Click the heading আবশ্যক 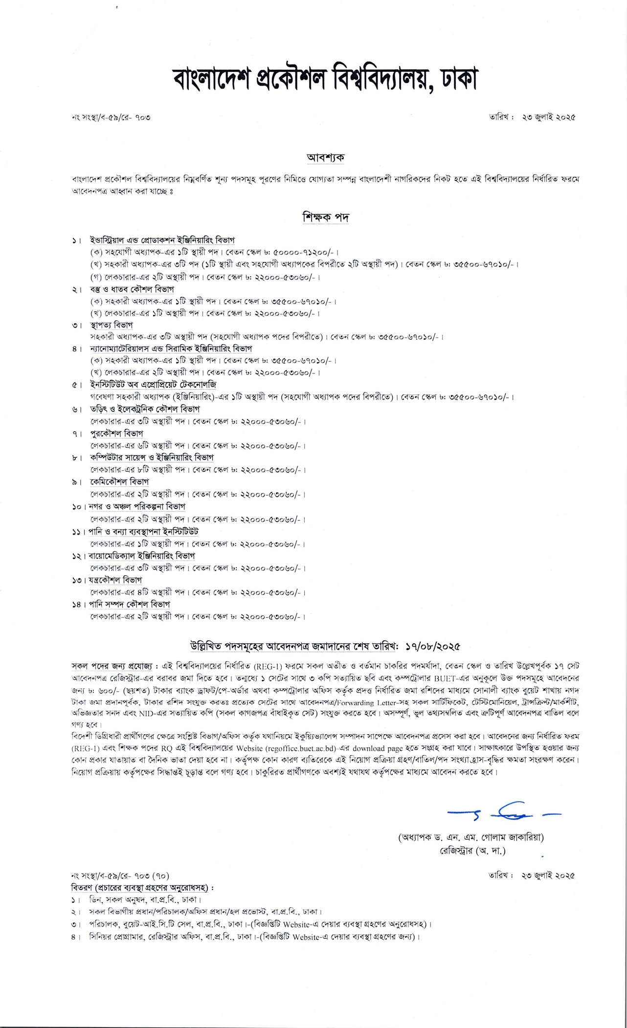tap(325, 157)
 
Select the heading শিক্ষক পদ tap(325, 217)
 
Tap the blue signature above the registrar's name tap(504, 812)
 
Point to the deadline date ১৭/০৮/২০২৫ tap(432, 646)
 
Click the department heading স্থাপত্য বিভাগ tap(111, 325)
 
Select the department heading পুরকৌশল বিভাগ tap(116, 434)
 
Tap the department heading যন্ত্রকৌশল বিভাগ tap(115, 580)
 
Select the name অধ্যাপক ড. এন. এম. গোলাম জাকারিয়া tap(471, 837)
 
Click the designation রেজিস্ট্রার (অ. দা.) tap(472, 851)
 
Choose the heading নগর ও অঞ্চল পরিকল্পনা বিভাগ tap(137, 506)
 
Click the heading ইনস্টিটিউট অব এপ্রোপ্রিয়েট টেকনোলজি tap(153, 385)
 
